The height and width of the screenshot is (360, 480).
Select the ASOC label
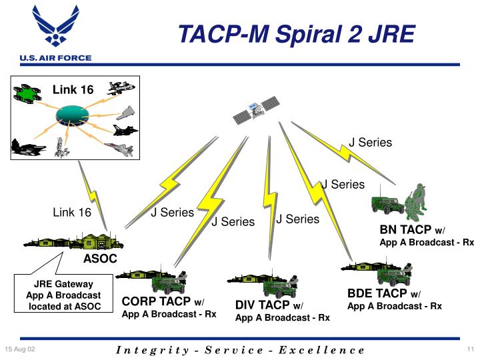click(100, 259)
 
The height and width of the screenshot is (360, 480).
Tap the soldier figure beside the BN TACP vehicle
click(417, 201)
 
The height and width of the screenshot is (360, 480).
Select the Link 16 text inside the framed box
click(73, 89)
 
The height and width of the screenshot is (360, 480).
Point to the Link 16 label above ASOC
click(71, 213)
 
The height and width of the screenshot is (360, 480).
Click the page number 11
click(469, 350)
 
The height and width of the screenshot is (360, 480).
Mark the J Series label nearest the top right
click(371, 143)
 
